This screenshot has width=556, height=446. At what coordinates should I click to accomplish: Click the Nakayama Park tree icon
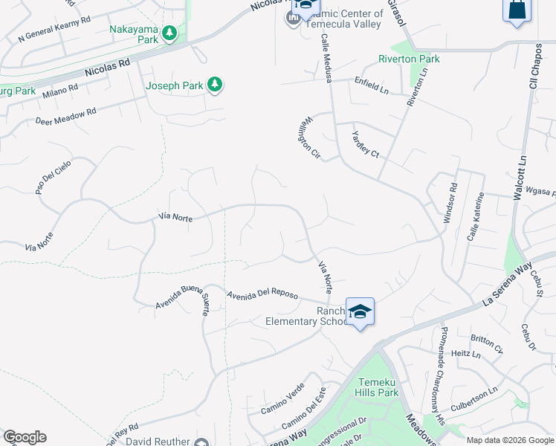coord(170,33)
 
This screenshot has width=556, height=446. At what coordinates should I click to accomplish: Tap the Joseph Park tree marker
coord(215,85)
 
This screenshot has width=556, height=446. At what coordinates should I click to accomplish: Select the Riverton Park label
coord(409,59)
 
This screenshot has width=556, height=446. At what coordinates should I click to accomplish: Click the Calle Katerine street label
coord(476,216)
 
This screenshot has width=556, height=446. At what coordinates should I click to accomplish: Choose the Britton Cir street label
coord(486,343)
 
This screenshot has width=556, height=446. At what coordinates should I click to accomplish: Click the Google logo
coord(25,437)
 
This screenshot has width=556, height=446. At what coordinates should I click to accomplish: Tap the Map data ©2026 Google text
coord(510,440)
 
